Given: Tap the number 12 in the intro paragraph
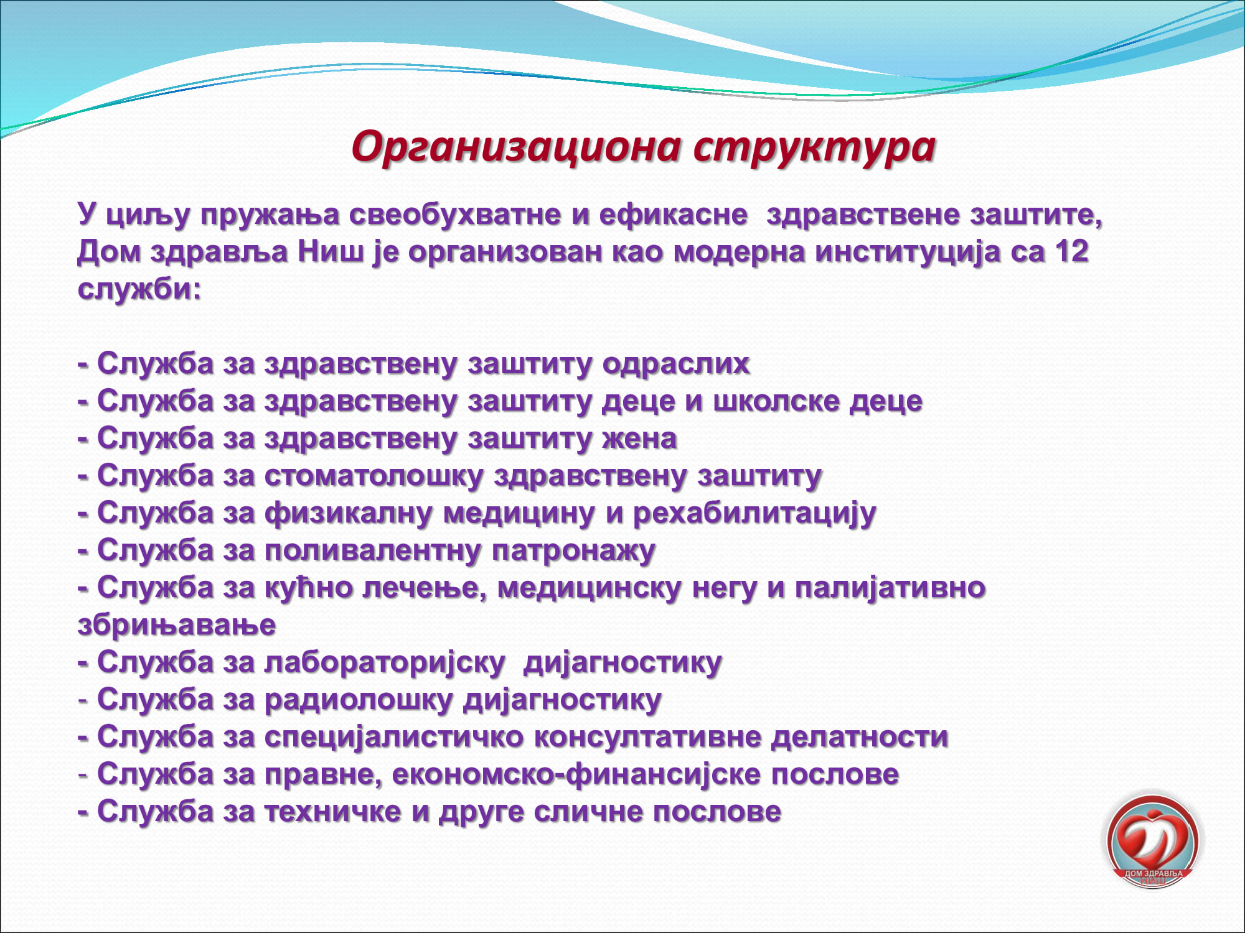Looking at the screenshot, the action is [x=1071, y=251].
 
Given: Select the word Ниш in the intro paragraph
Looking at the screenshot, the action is [x=330, y=251].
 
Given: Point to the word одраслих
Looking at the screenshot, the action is [x=676, y=364].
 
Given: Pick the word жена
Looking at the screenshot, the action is [x=639, y=439].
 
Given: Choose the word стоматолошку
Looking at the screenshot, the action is [x=374, y=476].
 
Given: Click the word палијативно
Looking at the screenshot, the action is [x=890, y=588].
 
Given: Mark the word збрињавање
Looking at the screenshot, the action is [x=177, y=626].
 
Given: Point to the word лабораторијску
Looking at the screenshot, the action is [x=385, y=663].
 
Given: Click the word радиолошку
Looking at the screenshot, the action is [x=359, y=700].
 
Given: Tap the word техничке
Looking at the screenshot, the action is [x=332, y=812].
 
